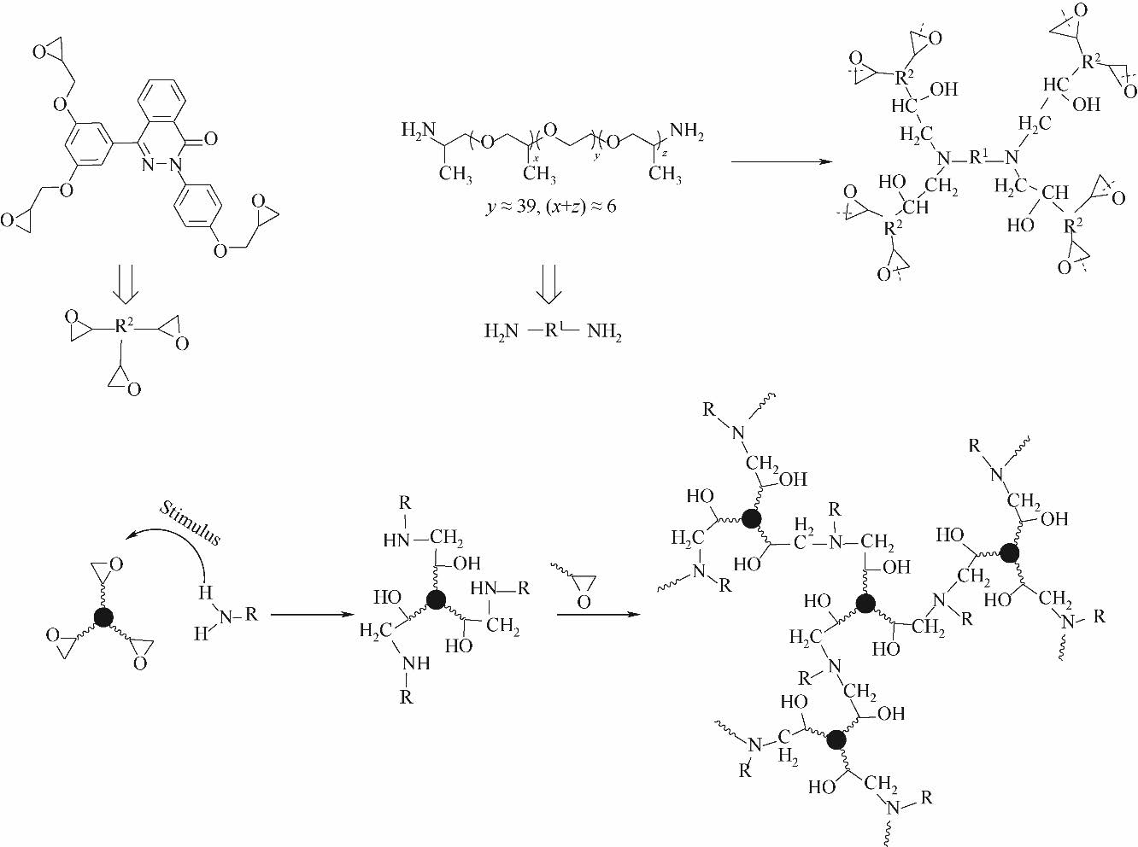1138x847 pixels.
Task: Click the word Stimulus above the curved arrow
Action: point(191,523)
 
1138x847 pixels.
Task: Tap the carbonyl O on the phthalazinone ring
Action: point(210,138)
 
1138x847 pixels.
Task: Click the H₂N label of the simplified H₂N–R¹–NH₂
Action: point(502,331)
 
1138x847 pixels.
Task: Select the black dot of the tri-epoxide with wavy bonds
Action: point(103,618)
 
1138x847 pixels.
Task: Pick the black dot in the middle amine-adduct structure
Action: point(436,599)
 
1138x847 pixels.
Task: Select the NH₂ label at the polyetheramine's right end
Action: point(687,131)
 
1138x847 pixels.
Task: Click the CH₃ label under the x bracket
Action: point(539,174)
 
